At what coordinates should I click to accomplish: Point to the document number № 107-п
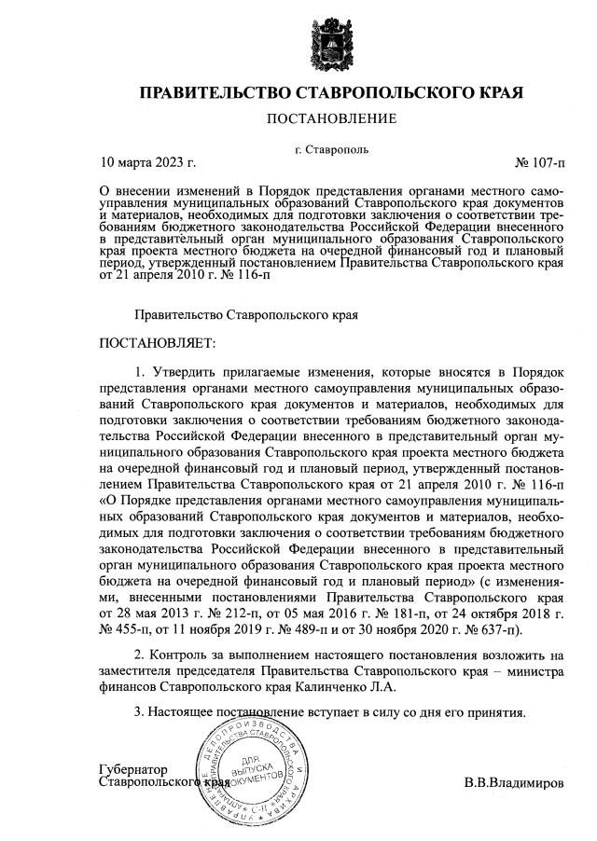[x=539, y=163]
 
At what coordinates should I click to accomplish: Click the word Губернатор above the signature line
[x=132, y=769]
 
